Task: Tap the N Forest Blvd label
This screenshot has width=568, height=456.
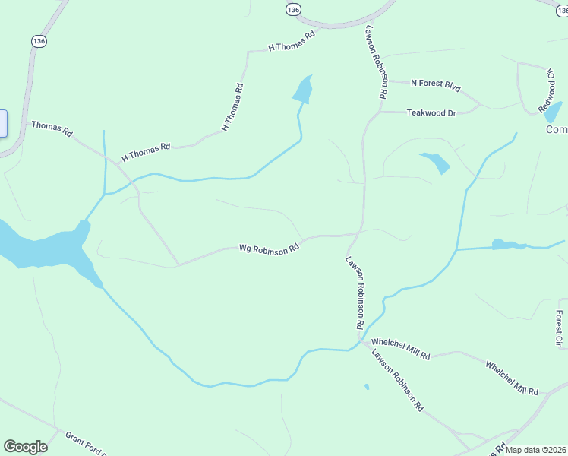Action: [x=436, y=85]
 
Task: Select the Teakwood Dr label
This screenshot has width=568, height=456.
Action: [x=431, y=112]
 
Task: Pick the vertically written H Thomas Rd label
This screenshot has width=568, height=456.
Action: [x=232, y=107]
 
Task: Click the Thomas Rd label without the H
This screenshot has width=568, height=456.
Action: [x=51, y=128]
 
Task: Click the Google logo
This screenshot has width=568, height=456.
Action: [x=25, y=447]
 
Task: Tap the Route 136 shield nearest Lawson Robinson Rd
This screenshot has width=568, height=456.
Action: [x=294, y=9]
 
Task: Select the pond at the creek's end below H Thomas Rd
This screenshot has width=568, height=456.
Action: [x=302, y=90]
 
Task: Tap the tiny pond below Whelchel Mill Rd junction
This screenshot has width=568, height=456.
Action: [x=367, y=387]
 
